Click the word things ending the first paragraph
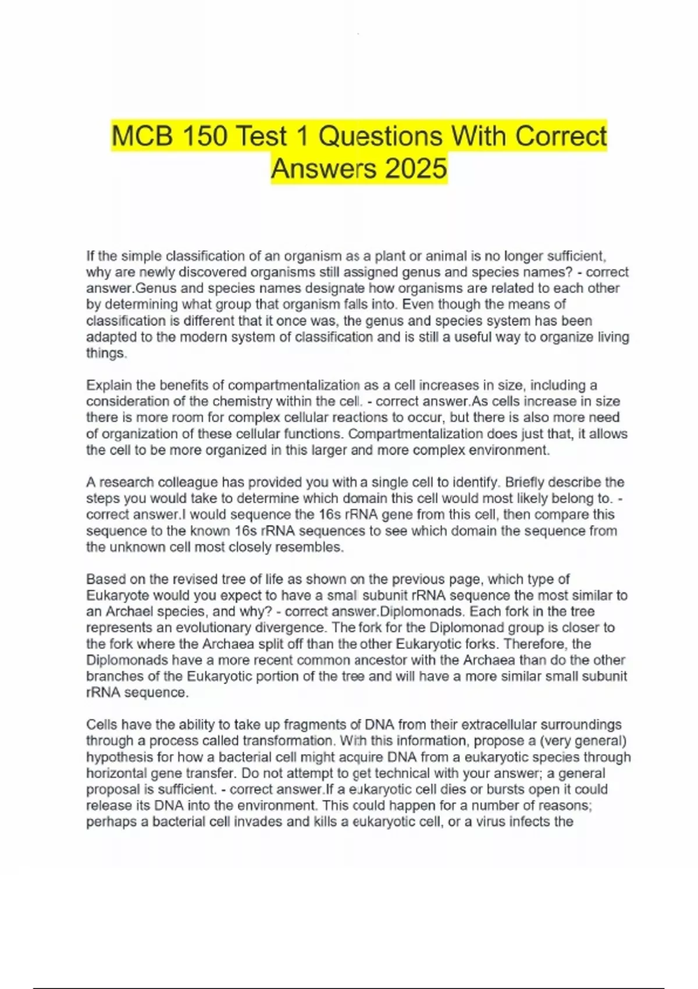106,353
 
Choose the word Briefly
525,482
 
